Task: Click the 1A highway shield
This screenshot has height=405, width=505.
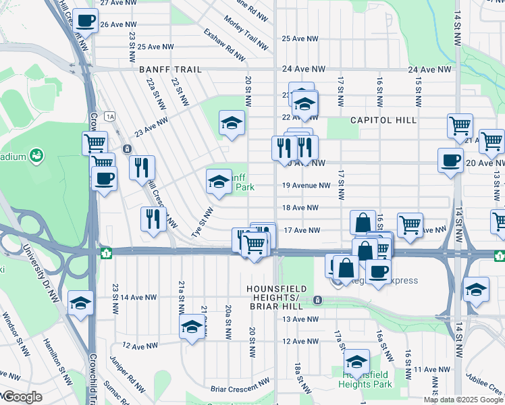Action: click(110, 117)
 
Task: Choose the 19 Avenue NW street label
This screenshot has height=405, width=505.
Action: click(307, 186)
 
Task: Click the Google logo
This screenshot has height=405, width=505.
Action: click(22, 397)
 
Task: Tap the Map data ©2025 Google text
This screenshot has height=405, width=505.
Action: click(464, 400)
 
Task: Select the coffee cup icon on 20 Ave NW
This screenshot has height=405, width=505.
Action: click(450, 160)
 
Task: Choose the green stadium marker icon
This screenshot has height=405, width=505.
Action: click(37, 156)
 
